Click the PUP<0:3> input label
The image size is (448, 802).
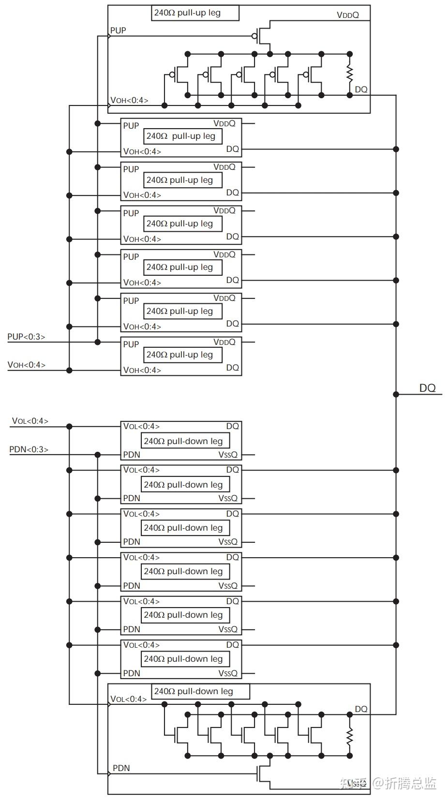point(26,337)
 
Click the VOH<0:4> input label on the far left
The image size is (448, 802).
point(26,365)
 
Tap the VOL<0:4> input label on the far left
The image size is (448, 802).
point(30,421)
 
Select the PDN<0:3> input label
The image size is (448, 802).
point(29,449)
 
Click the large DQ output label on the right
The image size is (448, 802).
point(427,388)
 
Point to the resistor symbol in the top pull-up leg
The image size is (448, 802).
point(349,74)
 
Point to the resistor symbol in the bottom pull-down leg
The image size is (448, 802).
point(349,736)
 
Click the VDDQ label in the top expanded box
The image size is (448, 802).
point(348,15)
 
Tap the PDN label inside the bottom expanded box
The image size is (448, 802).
point(121,768)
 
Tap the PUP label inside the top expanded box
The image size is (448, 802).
point(118,30)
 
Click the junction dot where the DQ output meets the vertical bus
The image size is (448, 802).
point(396,394)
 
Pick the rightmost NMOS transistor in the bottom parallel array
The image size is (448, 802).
point(314,735)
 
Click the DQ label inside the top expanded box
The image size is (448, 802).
point(361,89)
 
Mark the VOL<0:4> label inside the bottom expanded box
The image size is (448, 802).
point(129,699)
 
